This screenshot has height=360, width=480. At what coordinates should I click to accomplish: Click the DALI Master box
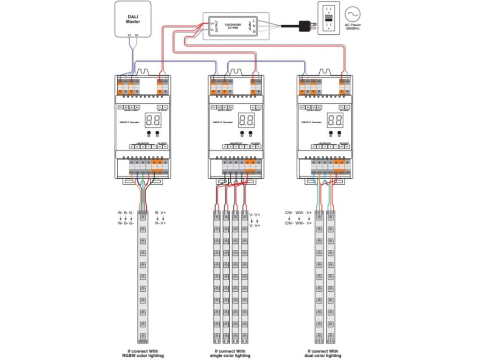[133, 18]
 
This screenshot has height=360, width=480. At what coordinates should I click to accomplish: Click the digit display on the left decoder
[154, 120]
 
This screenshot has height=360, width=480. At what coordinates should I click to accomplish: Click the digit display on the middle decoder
[246, 120]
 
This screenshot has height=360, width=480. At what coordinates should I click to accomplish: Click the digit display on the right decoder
[336, 120]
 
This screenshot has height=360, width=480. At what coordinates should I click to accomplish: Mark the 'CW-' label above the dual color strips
[289, 213]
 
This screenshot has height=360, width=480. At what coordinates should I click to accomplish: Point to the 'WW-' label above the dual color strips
[300, 213]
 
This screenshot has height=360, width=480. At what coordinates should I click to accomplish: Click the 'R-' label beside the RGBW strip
[157, 213]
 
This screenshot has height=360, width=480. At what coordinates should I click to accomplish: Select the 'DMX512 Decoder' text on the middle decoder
[221, 122]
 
